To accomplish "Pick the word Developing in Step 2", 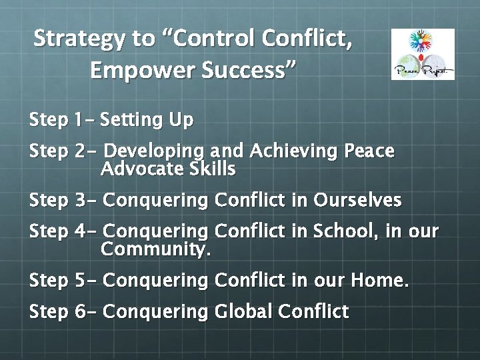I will (x=155, y=152).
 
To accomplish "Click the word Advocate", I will (x=139, y=169).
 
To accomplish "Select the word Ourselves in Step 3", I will (x=357, y=200).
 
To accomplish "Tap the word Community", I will (x=155, y=250).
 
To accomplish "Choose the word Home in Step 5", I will (x=379, y=281).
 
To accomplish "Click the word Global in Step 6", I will (x=242, y=311).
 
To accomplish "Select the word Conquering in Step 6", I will (x=156, y=312).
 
